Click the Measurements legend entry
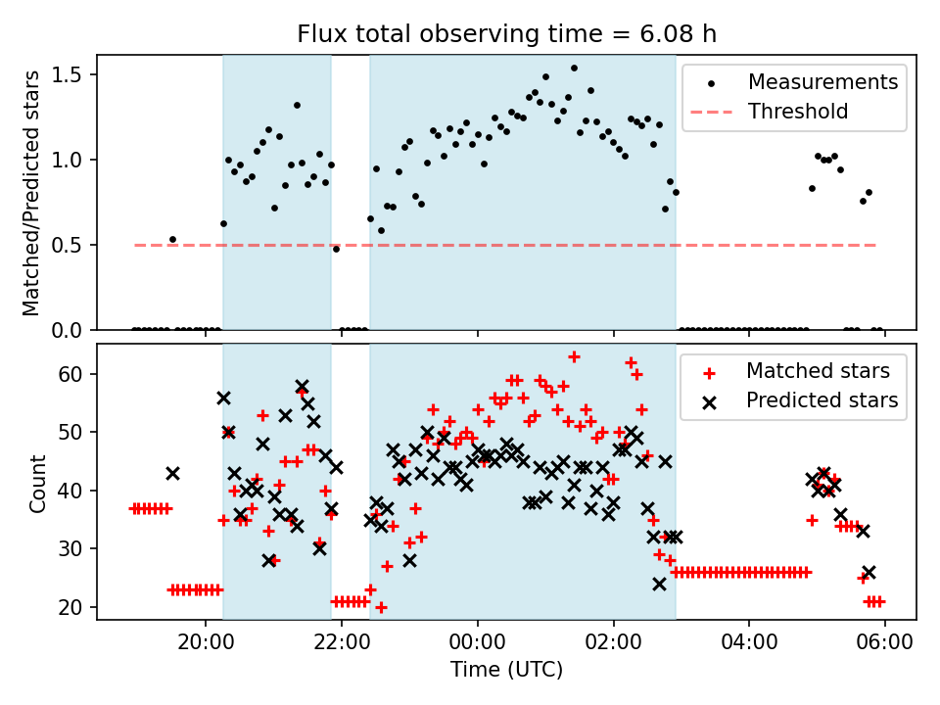pos(822,82)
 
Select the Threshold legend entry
pos(798,112)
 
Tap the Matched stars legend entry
pos(818,371)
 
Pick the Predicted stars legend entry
pos(822,400)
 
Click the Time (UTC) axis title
pos(506,671)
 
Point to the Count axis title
pos(38,483)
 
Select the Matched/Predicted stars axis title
pos(32,193)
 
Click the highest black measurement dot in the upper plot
pos(574,69)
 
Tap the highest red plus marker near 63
pos(574,356)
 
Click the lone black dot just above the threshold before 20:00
pos(172,239)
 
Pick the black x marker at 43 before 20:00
pos(172,473)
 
